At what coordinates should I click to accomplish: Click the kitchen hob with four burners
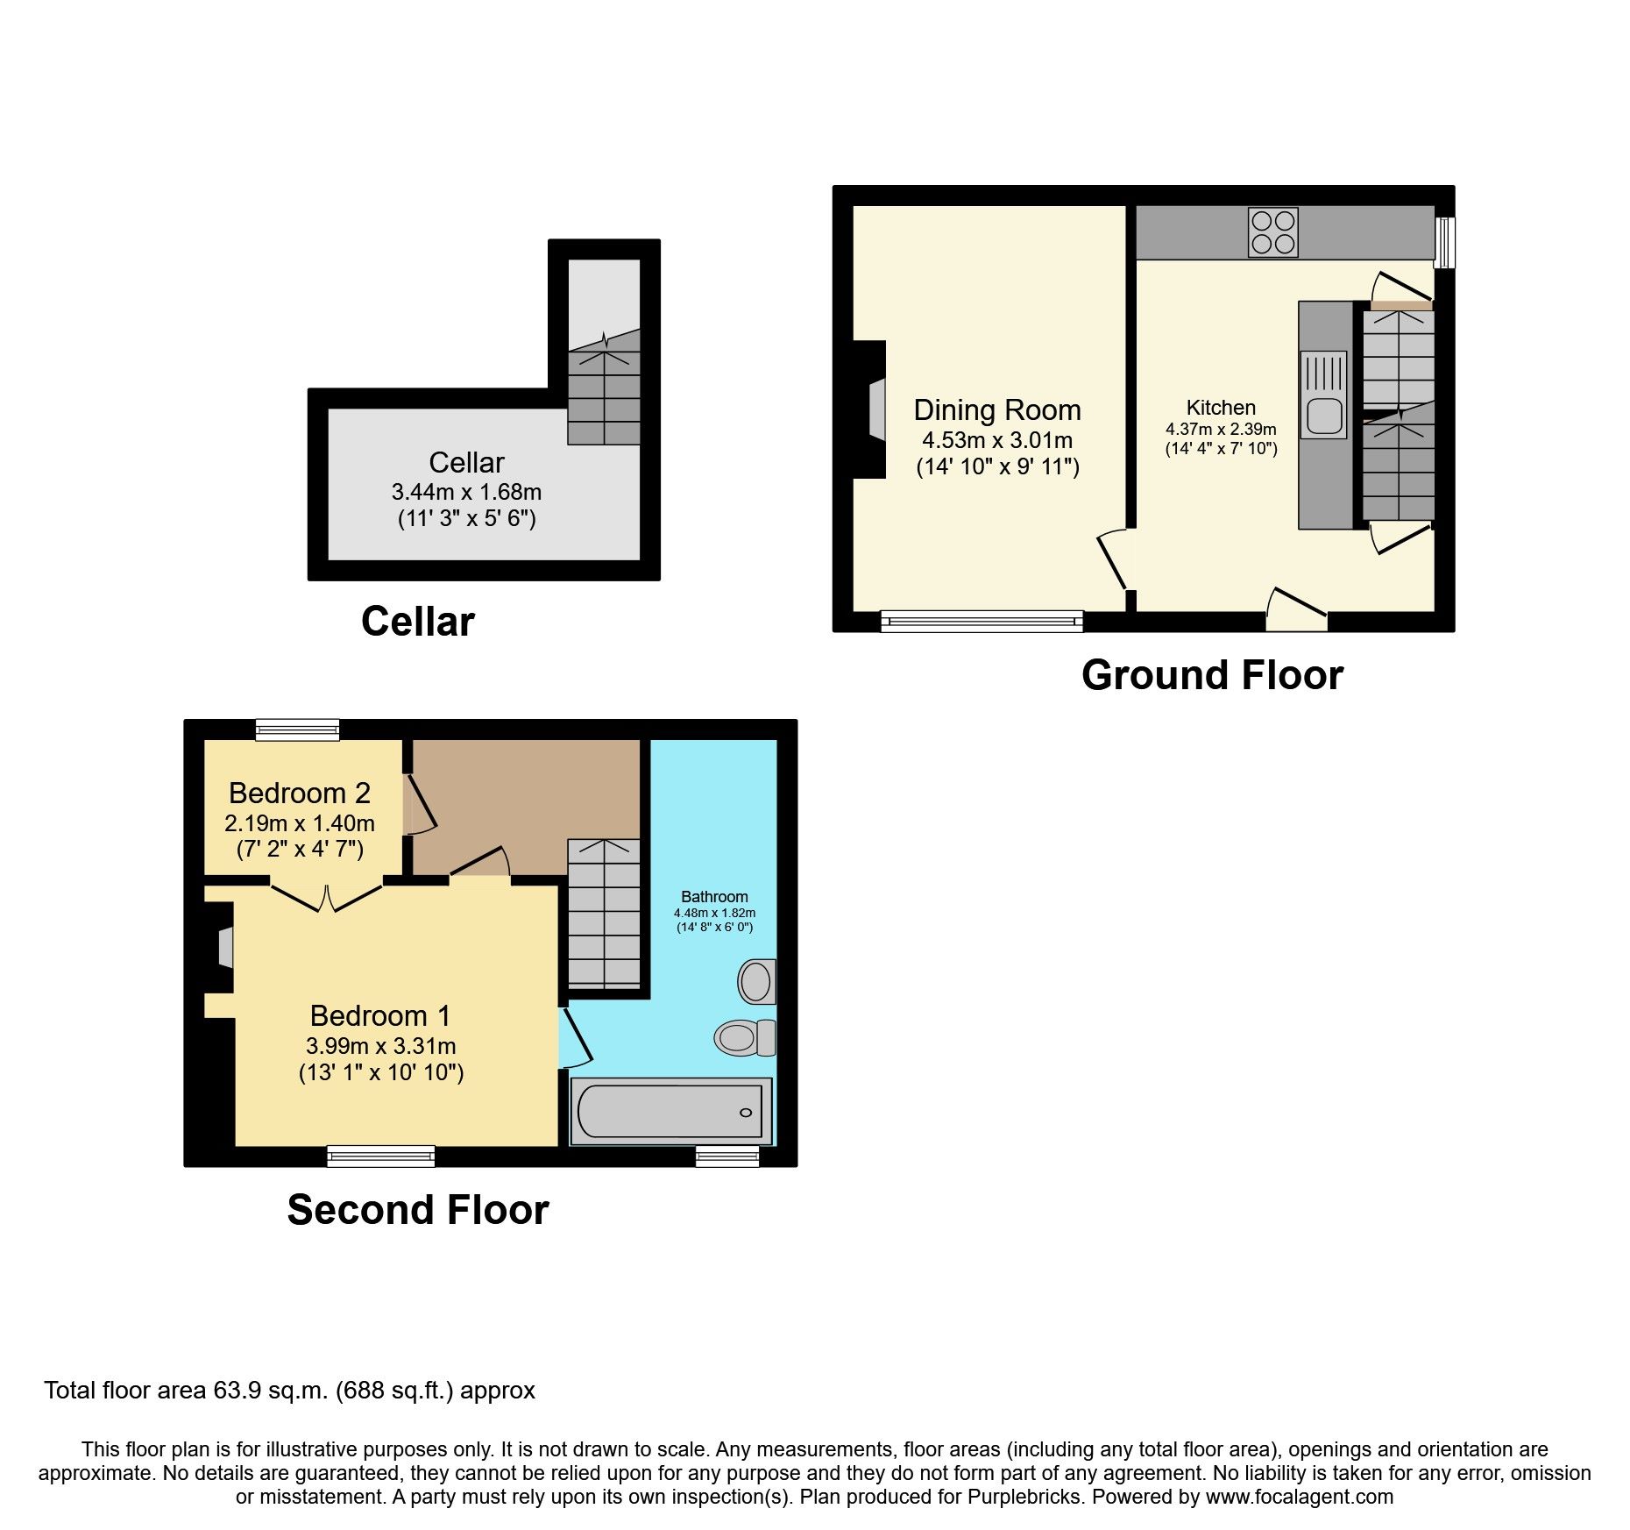tap(1273, 232)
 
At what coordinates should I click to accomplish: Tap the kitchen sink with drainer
tap(1323, 395)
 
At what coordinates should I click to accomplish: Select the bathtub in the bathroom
tap(671, 1111)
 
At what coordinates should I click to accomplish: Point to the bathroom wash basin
tap(757, 981)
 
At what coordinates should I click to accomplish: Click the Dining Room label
tap(997, 410)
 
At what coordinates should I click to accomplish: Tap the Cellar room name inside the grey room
tap(466, 462)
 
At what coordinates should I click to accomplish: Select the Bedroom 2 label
tap(300, 793)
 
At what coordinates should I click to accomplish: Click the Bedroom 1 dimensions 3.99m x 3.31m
tap(381, 1046)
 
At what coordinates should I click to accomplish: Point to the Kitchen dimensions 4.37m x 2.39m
tap(1221, 430)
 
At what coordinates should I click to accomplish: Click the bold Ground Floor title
tap(1212, 675)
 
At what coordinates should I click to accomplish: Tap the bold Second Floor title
tap(418, 1210)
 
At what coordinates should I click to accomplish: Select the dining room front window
tap(982, 622)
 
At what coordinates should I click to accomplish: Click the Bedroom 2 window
tap(297, 729)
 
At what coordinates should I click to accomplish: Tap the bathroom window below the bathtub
tap(727, 1156)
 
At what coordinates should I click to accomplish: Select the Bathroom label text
tap(714, 896)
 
